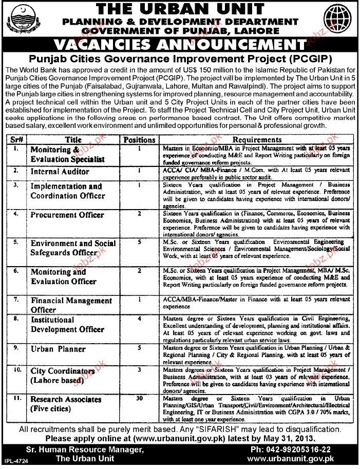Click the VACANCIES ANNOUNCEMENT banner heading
(180, 44)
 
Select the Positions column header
(139, 139)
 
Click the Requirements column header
(257, 139)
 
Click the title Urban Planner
(58, 349)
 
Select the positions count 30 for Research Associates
(139, 399)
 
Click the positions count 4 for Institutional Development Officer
(139, 319)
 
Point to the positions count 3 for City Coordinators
(139, 369)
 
